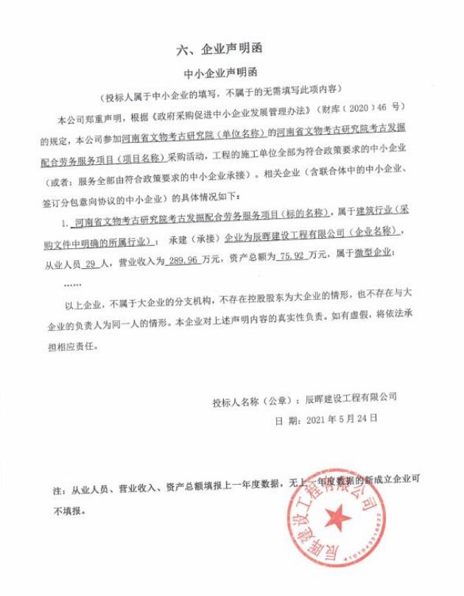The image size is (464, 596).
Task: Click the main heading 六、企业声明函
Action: click(220, 50)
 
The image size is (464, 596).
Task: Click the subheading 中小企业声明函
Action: click(220, 74)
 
